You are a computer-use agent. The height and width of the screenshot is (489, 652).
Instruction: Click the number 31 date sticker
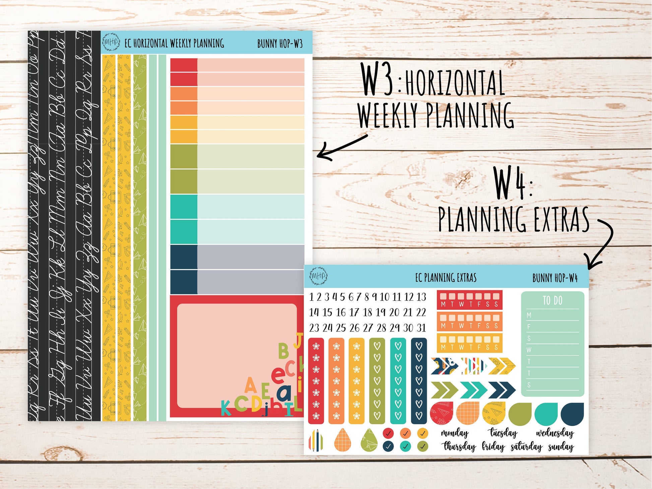point(421,327)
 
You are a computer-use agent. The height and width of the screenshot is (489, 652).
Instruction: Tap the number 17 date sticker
point(354,312)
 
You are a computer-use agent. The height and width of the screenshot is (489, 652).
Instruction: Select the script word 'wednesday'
point(555,433)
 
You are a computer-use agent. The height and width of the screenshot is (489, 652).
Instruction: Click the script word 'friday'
point(493,446)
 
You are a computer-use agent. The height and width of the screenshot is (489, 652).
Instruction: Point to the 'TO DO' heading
point(552,300)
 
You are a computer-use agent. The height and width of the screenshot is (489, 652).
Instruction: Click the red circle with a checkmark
point(388,433)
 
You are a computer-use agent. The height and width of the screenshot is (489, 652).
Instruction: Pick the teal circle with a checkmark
point(405,446)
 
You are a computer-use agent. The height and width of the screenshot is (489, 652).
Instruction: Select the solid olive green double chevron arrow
point(444,390)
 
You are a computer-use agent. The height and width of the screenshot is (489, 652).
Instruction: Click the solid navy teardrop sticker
point(573,414)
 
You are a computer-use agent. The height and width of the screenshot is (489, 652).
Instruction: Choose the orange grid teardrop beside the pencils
point(342,439)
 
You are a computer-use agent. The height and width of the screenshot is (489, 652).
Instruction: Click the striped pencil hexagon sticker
point(315,439)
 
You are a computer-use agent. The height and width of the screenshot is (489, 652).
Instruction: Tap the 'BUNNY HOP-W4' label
point(555,278)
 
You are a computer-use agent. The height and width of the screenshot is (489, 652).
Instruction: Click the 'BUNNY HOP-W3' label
point(280,44)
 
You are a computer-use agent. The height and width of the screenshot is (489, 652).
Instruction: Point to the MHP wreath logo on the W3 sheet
point(111,42)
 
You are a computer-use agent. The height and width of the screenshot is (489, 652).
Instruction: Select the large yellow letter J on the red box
point(298,341)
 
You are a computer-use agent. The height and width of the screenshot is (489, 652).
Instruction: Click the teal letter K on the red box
point(226,408)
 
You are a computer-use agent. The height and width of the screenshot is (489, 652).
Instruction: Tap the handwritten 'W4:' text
point(513,184)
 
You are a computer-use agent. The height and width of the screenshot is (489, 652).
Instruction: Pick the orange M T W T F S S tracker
point(469,321)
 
